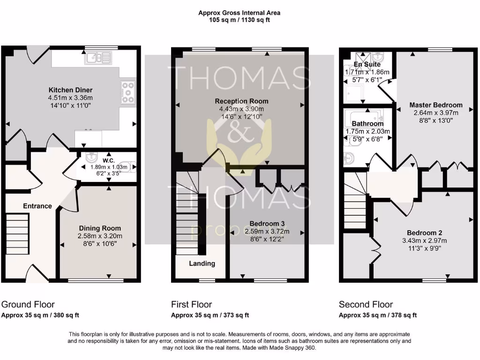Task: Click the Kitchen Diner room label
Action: click(71, 90)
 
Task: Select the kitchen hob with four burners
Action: click(127, 92)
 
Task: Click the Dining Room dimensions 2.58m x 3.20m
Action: click(99, 236)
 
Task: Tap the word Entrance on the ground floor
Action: click(37, 206)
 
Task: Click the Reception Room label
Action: click(241, 101)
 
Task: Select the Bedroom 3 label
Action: click(267, 224)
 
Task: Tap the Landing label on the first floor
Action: click(202, 263)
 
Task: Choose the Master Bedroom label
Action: click(435, 105)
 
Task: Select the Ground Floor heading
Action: click(28, 305)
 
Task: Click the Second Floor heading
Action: click(366, 305)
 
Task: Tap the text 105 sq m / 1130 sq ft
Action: click(240, 20)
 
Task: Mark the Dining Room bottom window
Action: click(96, 281)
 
